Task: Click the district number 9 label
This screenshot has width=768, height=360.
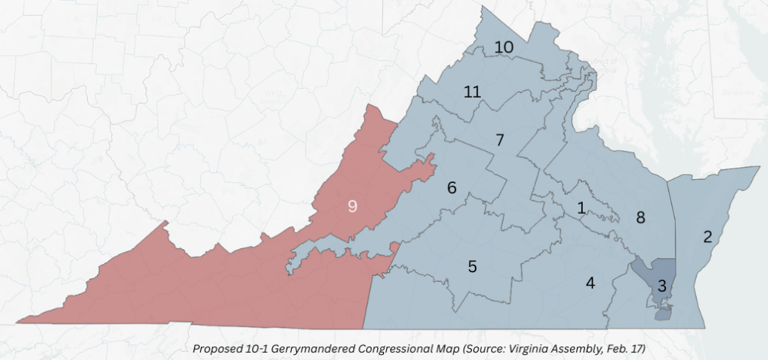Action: [352, 206]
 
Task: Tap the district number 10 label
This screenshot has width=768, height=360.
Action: [503, 47]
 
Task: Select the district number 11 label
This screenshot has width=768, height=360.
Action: [472, 92]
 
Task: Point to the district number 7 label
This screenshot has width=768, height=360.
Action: [499, 139]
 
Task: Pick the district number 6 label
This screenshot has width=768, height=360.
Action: [452, 187]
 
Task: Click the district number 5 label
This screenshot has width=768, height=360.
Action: [472, 266]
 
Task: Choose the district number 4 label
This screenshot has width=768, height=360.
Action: [590, 283]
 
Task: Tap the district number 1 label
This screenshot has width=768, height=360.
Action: [581, 208]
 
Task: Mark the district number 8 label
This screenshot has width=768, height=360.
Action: [640, 218]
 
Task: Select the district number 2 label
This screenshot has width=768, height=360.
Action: [706, 238]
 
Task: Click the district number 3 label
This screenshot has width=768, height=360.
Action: [661, 286]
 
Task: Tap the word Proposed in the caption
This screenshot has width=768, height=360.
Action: [214, 349]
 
